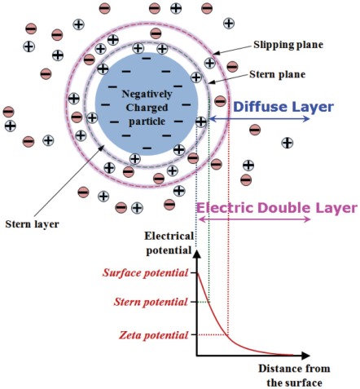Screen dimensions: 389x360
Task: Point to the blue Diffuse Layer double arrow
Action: (261, 119)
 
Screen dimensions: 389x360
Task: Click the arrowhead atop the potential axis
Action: (196, 252)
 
